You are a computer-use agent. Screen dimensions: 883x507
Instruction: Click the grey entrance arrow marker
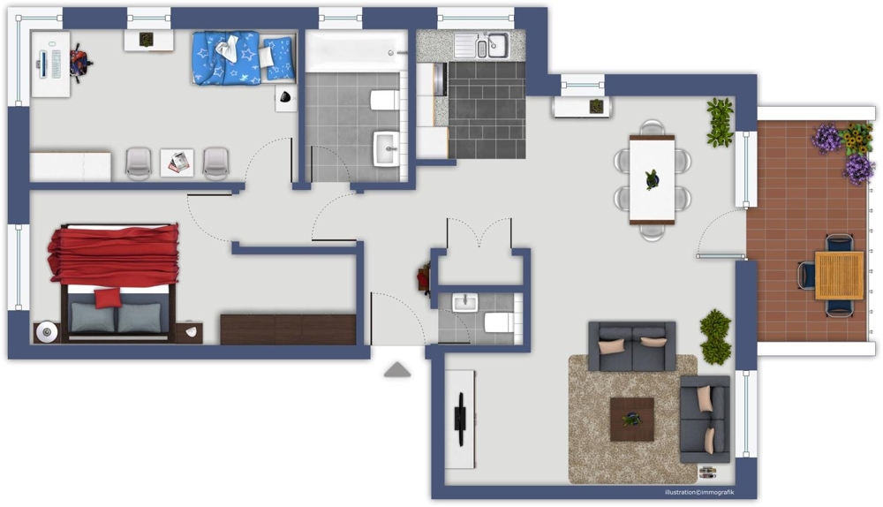pyautogui.click(x=397, y=369)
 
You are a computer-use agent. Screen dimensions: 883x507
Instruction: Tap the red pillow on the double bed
pyautogui.click(x=107, y=298)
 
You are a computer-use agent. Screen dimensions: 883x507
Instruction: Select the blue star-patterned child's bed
pyautogui.click(x=244, y=58)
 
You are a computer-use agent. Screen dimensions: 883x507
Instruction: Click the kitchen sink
pyautogui.click(x=481, y=45)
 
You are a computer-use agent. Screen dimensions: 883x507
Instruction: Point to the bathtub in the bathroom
pyautogui.click(x=356, y=51)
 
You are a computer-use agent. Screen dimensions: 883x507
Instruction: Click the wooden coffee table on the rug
pyautogui.click(x=632, y=420)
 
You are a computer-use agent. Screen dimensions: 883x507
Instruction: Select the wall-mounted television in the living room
pyautogui.click(x=461, y=419)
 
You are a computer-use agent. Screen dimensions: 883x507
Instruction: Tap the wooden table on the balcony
pyautogui.click(x=839, y=275)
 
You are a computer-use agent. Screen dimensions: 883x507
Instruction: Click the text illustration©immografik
pyautogui.click(x=698, y=492)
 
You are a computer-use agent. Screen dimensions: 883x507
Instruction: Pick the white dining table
pyautogui.click(x=653, y=179)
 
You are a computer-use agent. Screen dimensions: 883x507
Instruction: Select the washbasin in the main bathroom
pyautogui.click(x=387, y=148)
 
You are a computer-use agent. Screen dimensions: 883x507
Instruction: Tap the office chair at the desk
pyautogui.click(x=80, y=63)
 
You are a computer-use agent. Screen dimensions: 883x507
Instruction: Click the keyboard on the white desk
pyautogui.click(x=57, y=64)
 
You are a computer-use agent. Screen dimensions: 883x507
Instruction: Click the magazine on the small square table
pyautogui.click(x=178, y=163)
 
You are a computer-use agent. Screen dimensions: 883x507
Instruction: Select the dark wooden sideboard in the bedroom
pyautogui.click(x=288, y=329)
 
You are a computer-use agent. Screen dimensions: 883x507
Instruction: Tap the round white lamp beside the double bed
pyautogui.click(x=47, y=332)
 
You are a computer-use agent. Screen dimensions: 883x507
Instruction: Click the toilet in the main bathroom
pyautogui.click(x=385, y=101)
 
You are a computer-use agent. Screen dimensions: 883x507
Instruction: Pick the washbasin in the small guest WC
pyautogui.click(x=465, y=302)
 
